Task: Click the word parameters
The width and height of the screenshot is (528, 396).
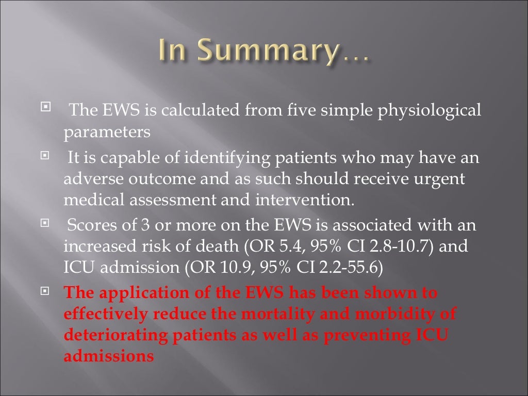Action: [107, 133]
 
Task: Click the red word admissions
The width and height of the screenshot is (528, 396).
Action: [109, 355]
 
